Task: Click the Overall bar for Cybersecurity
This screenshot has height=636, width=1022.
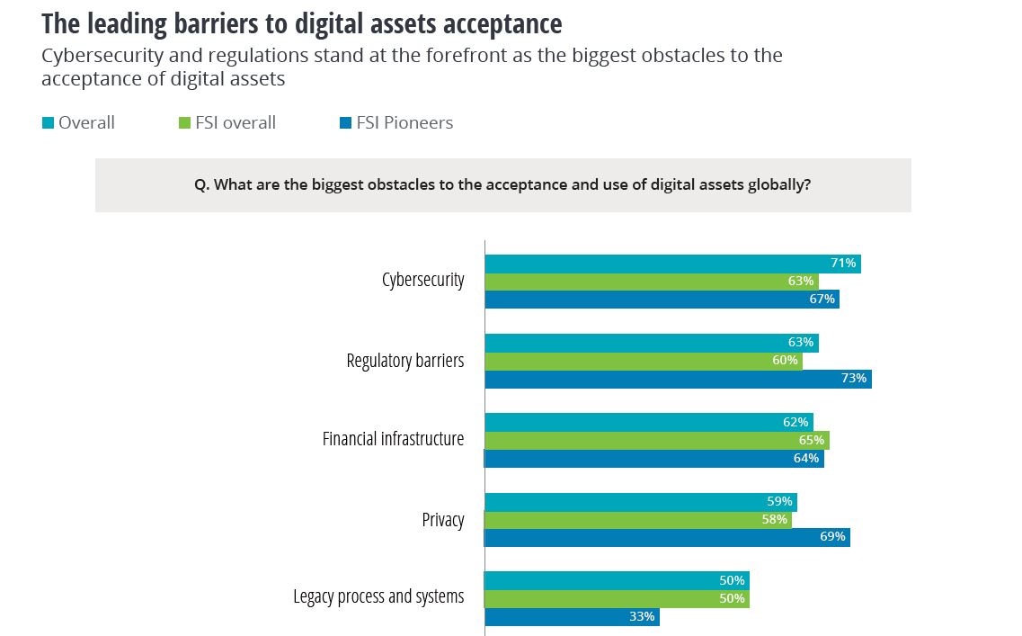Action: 672,264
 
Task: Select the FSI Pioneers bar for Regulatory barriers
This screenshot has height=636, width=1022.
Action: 678,379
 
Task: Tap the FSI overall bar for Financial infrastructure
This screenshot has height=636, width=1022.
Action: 656,440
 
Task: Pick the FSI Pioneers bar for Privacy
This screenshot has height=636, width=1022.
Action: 667,537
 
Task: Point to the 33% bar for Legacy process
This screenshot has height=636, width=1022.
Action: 572,617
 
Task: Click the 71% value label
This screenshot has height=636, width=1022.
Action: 842,264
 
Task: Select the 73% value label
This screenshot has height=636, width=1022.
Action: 854,379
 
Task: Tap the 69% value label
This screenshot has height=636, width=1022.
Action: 832,537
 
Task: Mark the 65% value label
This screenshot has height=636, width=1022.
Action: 812,440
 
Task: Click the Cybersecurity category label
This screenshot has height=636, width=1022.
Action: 422,280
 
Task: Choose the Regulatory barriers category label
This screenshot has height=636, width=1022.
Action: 405,361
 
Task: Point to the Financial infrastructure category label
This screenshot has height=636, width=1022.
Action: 393,439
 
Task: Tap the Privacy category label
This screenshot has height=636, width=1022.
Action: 443,520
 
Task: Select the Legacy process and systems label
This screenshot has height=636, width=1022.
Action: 378,597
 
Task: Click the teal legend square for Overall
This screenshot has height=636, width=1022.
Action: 48,123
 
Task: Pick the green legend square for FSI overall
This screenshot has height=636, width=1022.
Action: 184,123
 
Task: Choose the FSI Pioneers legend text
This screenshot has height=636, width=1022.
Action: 404,123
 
